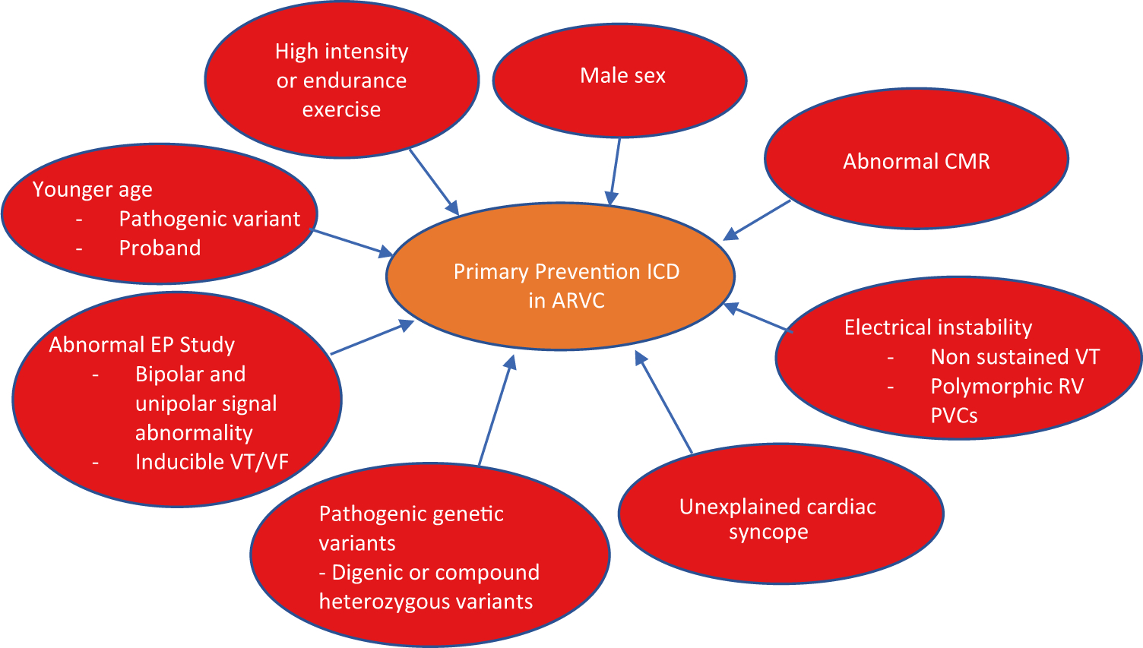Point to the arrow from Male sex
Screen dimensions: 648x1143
615,171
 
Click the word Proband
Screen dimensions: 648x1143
160,248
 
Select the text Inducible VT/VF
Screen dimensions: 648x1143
211,462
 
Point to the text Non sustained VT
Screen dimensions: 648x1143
1015,357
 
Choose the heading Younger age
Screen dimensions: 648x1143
92,190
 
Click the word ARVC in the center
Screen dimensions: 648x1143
578,301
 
